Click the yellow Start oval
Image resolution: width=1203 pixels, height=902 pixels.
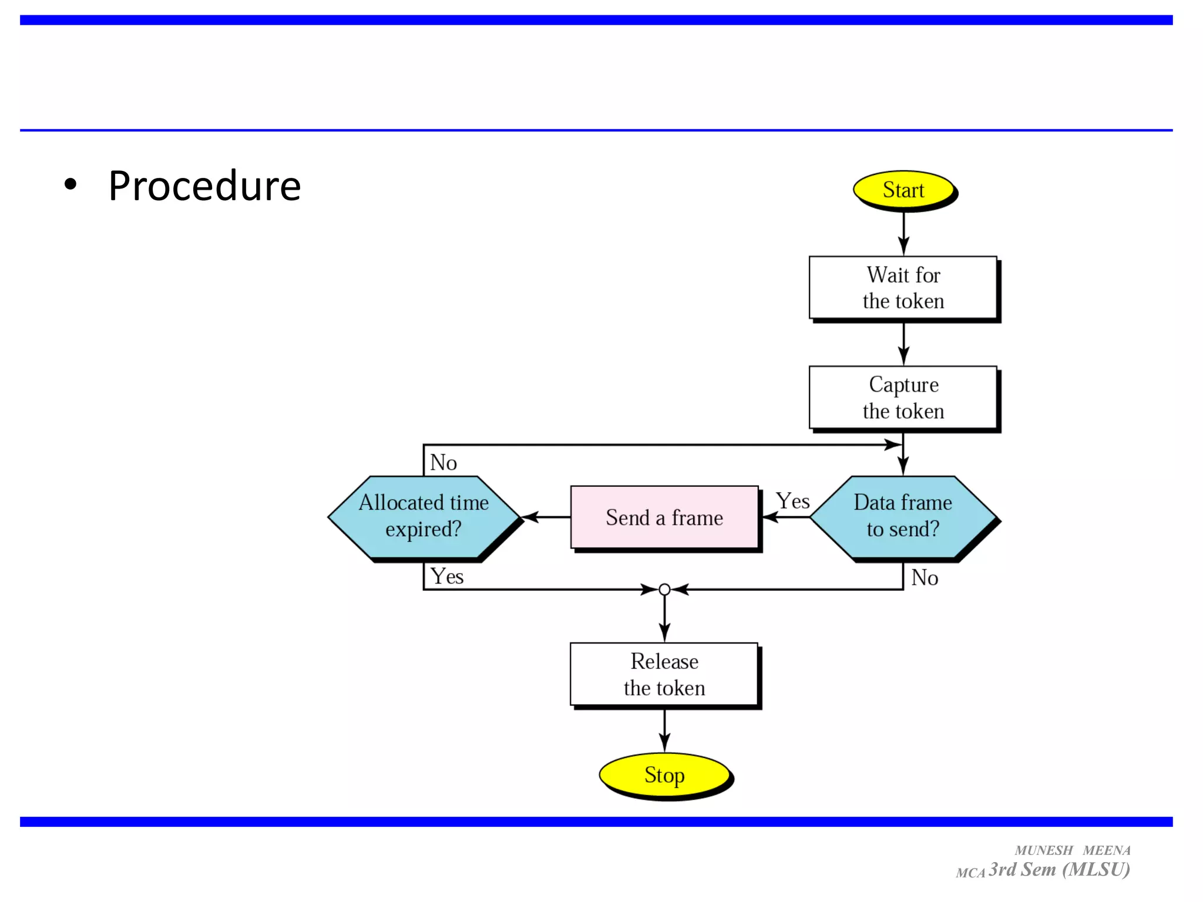tap(903, 190)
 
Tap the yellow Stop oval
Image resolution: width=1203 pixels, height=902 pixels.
tap(664, 775)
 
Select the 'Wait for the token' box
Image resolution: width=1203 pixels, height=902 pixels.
tap(903, 288)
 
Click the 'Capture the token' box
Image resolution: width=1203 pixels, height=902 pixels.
tap(903, 398)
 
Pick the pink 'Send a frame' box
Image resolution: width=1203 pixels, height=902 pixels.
tap(664, 517)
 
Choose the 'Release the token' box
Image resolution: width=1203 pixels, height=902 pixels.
tap(664, 674)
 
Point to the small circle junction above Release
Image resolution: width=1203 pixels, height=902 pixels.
tap(664, 590)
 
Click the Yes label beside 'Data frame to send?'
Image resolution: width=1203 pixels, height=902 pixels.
tap(792, 501)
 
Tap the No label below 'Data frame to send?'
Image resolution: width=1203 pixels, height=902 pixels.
tap(925, 578)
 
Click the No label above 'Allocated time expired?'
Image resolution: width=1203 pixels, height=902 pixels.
tap(443, 463)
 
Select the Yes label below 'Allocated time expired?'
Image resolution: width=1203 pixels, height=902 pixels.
tap(447, 576)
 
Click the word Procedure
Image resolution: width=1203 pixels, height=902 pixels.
tap(204, 186)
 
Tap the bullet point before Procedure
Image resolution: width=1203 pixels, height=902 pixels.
tap(70, 184)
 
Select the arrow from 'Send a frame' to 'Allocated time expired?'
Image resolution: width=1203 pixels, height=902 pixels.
tap(546, 517)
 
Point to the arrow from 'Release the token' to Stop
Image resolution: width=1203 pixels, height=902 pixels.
tap(664, 730)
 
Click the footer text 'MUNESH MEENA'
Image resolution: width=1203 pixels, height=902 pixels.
tap(1072, 850)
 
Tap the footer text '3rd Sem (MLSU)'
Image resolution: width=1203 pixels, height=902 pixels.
tap(1059, 870)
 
